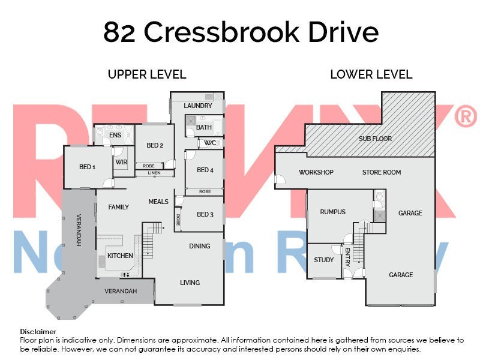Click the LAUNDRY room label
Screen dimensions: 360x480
(198, 106)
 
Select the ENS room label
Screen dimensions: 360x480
(115, 136)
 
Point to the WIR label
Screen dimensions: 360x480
(121, 162)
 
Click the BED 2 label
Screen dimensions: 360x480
(155, 145)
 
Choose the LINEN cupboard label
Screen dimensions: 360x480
(154, 173)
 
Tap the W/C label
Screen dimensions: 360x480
(209, 143)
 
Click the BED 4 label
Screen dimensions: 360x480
(205, 170)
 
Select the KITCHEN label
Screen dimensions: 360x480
(120, 256)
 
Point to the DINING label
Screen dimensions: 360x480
(200, 246)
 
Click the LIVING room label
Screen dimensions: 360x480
(190, 283)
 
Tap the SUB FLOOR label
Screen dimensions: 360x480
(375, 139)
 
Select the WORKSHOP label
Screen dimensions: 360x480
(316, 173)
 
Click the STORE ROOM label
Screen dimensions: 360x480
(382, 173)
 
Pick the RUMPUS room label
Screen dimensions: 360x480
(332, 212)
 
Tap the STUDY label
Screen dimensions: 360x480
(324, 260)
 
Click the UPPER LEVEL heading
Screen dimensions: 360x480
(147, 75)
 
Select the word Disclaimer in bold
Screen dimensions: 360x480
(38, 331)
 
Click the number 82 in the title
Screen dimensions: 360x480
(119, 32)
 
